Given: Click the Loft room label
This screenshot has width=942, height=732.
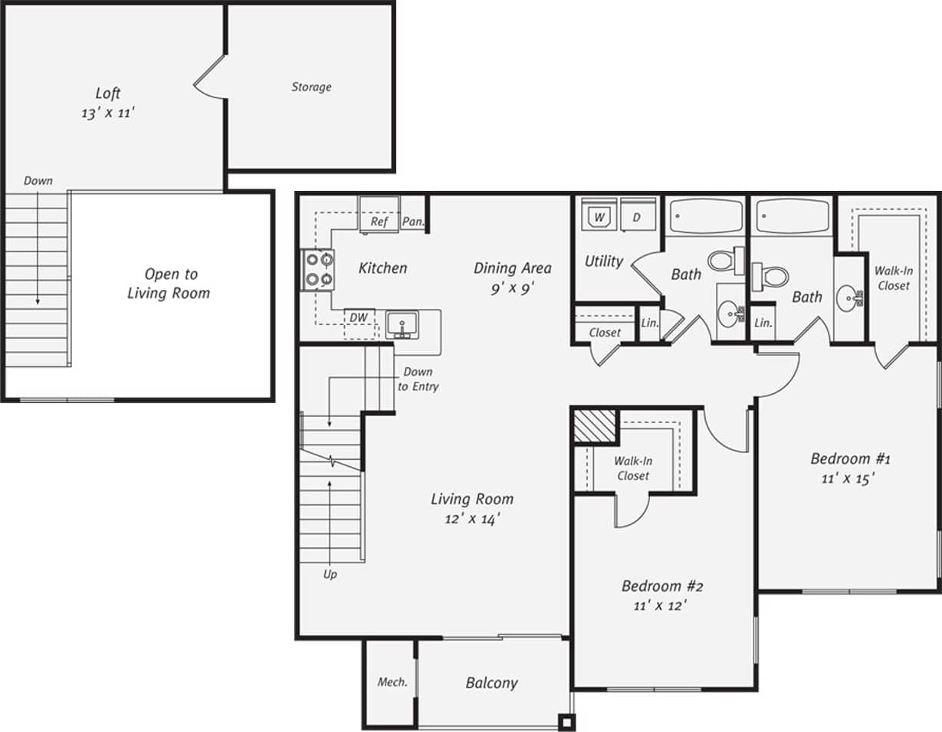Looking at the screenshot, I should point(108,94).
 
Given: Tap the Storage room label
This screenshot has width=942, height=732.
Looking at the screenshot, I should point(311,87).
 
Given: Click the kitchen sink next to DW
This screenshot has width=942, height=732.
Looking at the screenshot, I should point(402,323).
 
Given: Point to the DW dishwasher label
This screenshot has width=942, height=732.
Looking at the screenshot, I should point(358,317).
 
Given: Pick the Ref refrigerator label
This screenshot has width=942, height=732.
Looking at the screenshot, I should point(379,222).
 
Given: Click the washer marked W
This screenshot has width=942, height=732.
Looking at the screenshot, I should point(599,218).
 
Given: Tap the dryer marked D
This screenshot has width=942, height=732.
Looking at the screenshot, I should point(637,218).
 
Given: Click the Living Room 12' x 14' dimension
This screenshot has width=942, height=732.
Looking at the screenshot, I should point(471,519).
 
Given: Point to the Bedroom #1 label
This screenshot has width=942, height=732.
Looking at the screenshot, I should point(850,459).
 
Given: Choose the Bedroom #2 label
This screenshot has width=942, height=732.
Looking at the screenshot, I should point(662,586).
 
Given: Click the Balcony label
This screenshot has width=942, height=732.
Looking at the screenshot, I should point(491,682).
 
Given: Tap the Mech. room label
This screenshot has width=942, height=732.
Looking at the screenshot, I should point(392,682).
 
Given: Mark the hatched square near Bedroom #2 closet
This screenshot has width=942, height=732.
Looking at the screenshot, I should point(596,425).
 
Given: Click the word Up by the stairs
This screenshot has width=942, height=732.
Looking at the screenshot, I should point(330,573).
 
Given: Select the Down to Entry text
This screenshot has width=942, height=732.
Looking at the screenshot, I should point(418,379).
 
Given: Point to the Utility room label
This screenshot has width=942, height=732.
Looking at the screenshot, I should point(604,261).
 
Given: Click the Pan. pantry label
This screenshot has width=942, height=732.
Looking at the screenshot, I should point(413,222).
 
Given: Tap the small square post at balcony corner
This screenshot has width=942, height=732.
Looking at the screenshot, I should point(566,722).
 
